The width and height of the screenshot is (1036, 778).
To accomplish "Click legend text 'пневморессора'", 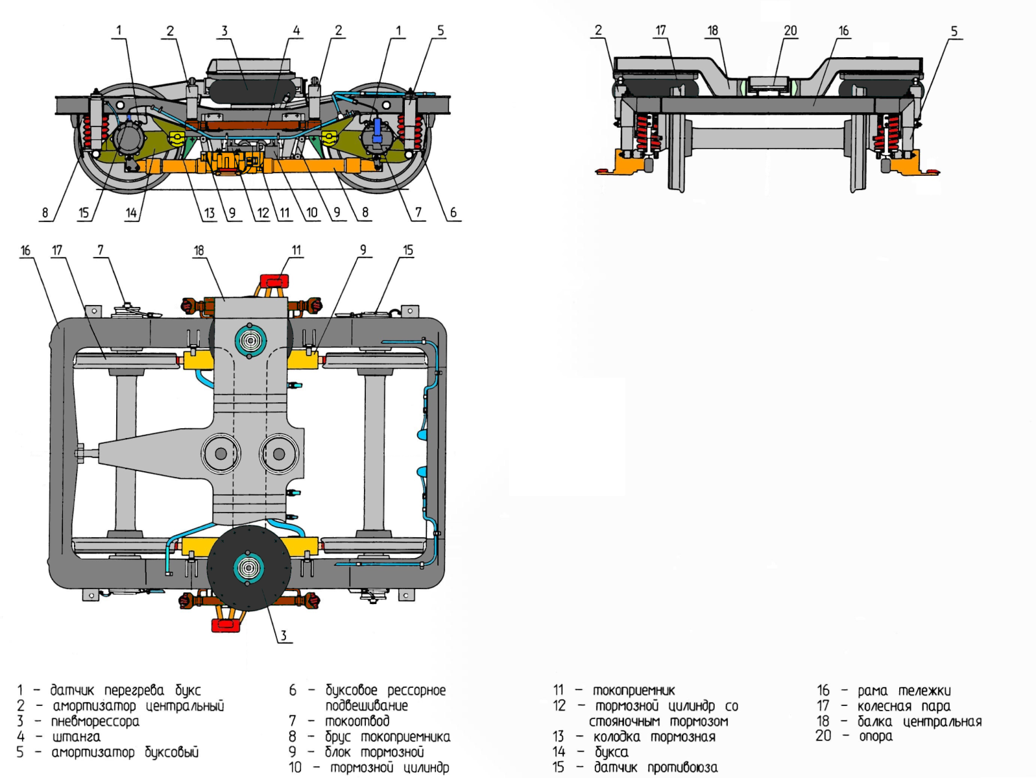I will pyautogui.click(x=95, y=722).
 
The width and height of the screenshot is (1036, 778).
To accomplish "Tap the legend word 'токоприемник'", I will pyautogui.click(x=634, y=690).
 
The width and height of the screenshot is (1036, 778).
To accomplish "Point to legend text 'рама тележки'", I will pyautogui.click(x=904, y=691).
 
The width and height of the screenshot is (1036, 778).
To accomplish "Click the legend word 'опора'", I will pyautogui.click(x=876, y=736).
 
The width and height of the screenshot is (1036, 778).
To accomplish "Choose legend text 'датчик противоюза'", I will pyautogui.click(x=656, y=768).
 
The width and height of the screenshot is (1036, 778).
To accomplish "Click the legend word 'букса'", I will pyautogui.click(x=612, y=752).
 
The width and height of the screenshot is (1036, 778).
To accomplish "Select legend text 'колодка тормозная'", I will pyautogui.click(x=654, y=737).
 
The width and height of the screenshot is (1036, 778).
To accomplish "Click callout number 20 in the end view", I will pyautogui.click(x=790, y=30).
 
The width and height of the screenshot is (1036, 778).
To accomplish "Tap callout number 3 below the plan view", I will pyautogui.click(x=283, y=635).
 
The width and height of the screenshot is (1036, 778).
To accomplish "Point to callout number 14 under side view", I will pyautogui.click(x=131, y=213).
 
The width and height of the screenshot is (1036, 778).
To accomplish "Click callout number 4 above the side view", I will pyautogui.click(x=296, y=30).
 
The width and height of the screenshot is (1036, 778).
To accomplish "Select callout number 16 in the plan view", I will pyautogui.click(x=25, y=250).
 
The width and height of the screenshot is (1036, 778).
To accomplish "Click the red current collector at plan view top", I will pyautogui.click(x=274, y=282).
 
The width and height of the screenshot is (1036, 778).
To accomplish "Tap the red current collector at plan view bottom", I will pyautogui.click(x=226, y=626).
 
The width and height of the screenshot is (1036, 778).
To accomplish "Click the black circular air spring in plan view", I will pyautogui.click(x=249, y=568).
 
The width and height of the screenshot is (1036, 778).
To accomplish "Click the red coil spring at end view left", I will pyautogui.click(x=646, y=133).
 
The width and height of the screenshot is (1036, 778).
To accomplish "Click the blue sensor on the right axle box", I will pyautogui.click(x=378, y=127).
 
